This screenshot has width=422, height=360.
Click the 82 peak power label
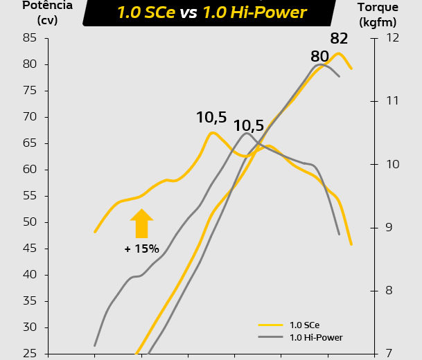pyautogui.click(x=340, y=39)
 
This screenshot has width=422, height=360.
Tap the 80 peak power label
pyautogui.click(x=319, y=56)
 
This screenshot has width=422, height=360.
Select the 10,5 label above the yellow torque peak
pyautogui.click(x=211, y=118)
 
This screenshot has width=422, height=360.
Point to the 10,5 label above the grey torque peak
pyautogui.click(x=249, y=126)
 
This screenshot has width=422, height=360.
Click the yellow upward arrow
pyautogui.click(x=141, y=224)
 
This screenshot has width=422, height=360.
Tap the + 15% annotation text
pyautogui.click(x=142, y=249)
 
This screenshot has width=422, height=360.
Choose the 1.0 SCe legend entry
pyautogui.click(x=304, y=325)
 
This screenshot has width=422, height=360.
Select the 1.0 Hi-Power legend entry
pyautogui.click(x=316, y=337)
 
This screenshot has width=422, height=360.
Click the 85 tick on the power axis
pyautogui.click(x=29, y=38)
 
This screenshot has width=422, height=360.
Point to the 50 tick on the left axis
pyautogui.click(x=29, y=222)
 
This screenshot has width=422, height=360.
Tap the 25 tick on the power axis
pyautogui.click(x=29, y=354)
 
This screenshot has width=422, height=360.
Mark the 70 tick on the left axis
pyautogui.click(x=29, y=117)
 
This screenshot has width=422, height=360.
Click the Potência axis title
pyautogui.click(x=28, y=12)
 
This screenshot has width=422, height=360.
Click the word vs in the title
pyautogui.click(x=189, y=12)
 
